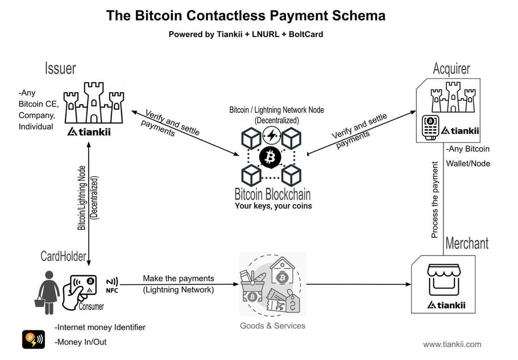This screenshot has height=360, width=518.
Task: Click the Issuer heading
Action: [x=60, y=68]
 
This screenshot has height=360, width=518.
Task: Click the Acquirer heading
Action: [x=451, y=69]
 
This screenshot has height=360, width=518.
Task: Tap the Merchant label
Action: [x=467, y=243]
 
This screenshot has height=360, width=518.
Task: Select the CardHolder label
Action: [x=63, y=256]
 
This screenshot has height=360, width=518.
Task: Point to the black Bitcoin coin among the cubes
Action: [x=270, y=157]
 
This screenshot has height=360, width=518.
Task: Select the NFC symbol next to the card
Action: [x=112, y=285]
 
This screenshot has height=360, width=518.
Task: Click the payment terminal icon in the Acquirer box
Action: [x=430, y=126]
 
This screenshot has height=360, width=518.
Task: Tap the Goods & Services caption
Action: [x=272, y=326]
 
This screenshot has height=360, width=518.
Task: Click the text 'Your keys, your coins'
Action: [x=273, y=206]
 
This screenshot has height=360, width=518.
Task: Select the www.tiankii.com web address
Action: [x=452, y=345]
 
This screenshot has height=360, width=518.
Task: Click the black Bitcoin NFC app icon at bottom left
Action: [x=34, y=339]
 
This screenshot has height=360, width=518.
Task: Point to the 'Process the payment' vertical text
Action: [x=435, y=200]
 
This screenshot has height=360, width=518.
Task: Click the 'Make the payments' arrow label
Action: [x=178, y=279]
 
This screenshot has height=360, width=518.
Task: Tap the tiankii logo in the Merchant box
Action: [x=446, y=305]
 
